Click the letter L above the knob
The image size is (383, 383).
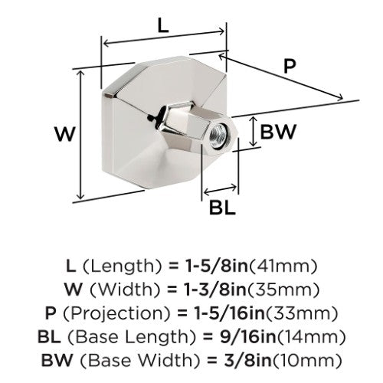click(163, 26)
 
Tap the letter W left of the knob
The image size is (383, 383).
click(65, 134)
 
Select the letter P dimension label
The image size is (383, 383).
click(290, 66)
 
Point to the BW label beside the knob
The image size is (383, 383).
click(278, 132)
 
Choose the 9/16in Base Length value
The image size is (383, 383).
click(248, 337)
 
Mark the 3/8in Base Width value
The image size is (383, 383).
click(247, 360)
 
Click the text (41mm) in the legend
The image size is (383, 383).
click(283, 267)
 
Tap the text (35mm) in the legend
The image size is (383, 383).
click(283, 290)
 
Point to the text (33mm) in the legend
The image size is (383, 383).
click(302, 313)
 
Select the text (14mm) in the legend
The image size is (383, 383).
click(312, 337)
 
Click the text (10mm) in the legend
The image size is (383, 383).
click(306, 360)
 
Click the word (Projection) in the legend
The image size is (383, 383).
click(116, 314)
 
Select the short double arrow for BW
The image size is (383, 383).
click(253, 132)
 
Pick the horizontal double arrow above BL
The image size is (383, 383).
click(220, 189)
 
